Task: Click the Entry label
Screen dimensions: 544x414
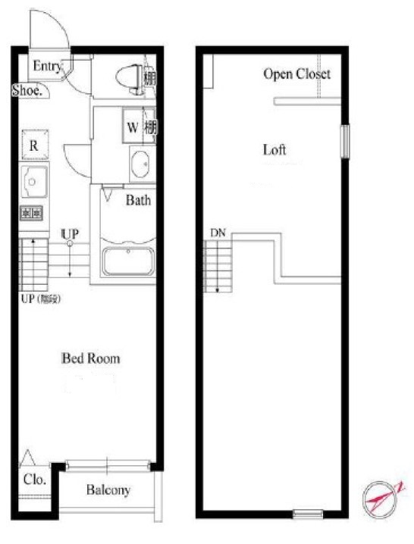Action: (47, 67)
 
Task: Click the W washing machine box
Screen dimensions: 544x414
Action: (132, 127)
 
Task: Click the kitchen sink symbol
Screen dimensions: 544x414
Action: (35, 183)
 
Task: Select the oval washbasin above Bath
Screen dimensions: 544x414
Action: (140, 165)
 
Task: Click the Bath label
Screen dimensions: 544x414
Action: (138, 201)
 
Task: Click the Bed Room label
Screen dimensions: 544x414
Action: (90, 358)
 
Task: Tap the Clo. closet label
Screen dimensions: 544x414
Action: (34, 480)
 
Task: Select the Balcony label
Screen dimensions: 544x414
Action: (108, 490)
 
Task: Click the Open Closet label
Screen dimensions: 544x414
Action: (296, 74)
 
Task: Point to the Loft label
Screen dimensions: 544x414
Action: (274, 149)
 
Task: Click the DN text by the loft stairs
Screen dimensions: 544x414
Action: (218, 233)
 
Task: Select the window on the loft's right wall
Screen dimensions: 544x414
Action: (344, 142)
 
